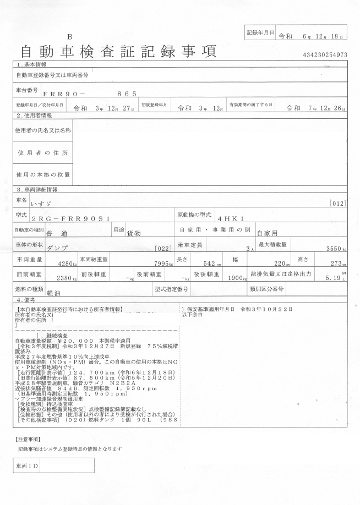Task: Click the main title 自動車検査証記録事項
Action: [x=118, y=51]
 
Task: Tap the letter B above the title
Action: [x=69, y=36]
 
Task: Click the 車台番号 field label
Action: [x=27, y=89]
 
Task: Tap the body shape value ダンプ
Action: [x=58, y=248]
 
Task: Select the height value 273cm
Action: [x=336, y=264]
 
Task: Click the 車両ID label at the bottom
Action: [x=26, y=465]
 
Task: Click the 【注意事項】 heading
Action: [x=26, y=439]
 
